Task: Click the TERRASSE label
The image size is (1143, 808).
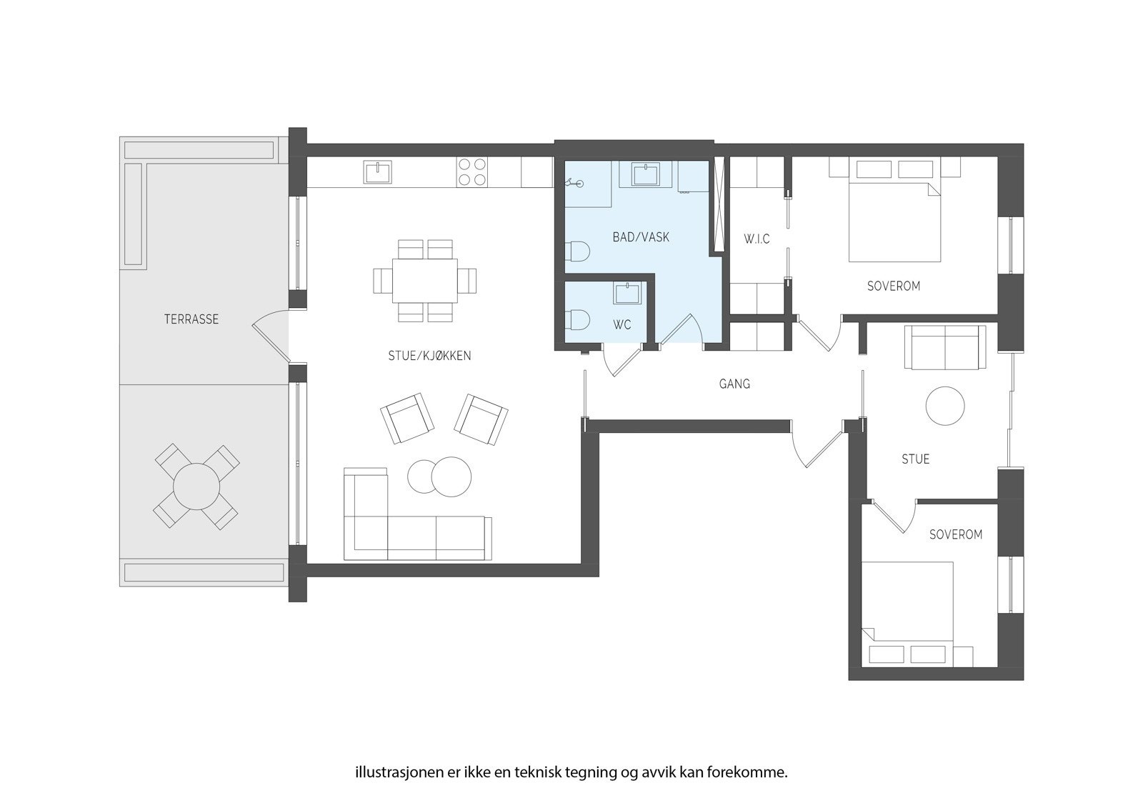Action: (x=191, y=319)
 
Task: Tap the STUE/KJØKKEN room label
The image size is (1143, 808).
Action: (x=429, y=356)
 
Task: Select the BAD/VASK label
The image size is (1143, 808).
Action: (x=641, y=237)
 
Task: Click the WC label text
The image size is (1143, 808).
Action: (x=622, y=325)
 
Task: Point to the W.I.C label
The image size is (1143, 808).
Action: (x=756, y=239)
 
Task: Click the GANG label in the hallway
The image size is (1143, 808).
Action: (x=734, y=384)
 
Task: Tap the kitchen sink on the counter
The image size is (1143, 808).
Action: (x=378, y=172)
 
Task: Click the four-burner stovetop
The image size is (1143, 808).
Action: (x=471, y=171)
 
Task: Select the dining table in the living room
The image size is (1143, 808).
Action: (x=424, y=280)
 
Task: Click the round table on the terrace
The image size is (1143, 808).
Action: (x=196, y=487)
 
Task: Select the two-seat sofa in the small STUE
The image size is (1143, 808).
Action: (x=945, y=348)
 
